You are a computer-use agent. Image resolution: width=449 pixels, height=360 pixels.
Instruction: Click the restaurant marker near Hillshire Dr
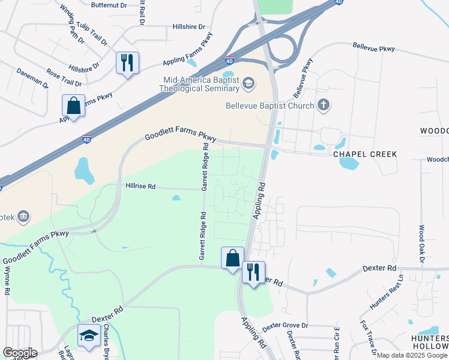(127, 63)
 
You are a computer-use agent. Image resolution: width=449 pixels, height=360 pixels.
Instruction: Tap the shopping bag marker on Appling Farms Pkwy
(73, 106)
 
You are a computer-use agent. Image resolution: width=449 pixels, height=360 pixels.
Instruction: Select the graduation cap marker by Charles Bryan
(89, 336)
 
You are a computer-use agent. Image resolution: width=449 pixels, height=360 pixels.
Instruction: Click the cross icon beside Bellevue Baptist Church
(324, 106)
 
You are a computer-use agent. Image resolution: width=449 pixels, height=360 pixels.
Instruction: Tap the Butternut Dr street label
(109, 5)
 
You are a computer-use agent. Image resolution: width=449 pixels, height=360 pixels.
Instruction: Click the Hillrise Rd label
(140, 187)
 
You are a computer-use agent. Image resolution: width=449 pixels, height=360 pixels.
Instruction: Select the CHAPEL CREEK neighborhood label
(365, 154)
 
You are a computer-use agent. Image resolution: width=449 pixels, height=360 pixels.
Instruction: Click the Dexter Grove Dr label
(285, 325)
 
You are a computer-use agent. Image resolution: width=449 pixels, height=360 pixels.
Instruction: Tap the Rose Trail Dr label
(64, 78)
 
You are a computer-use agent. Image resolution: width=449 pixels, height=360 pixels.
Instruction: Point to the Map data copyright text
(412, 355)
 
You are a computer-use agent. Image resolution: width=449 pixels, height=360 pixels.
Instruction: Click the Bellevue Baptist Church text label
(270, 106)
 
